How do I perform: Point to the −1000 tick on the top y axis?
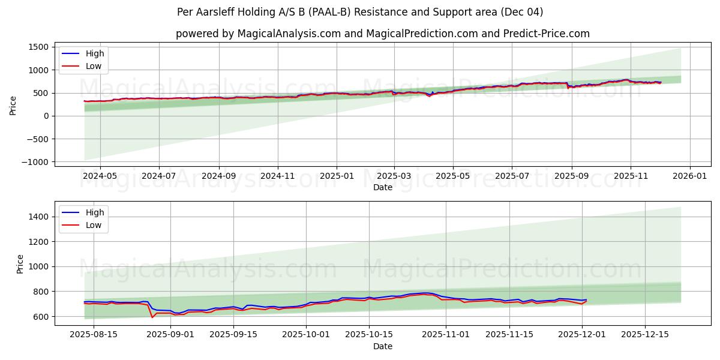tap(35, 162)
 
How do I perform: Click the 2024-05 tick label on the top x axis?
tap(100, 176)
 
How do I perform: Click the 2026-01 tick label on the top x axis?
tap(689, 176)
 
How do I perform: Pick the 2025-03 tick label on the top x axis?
tap(394, 176)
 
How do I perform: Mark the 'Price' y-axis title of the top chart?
tap(13, 104)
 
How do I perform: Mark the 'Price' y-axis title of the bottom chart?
tap(20, 263)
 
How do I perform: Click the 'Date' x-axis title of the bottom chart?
tap(382, 346)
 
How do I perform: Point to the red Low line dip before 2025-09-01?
tap(152, 317)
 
